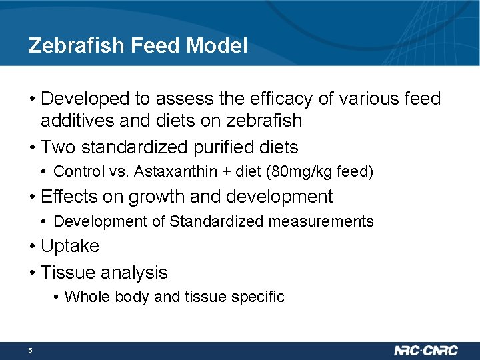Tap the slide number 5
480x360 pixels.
(31, 351)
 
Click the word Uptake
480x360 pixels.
(70, 246)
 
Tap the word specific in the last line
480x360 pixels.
(259, 297)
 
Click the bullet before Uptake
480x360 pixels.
(32, 247)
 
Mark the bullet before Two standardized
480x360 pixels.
(32, 147)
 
